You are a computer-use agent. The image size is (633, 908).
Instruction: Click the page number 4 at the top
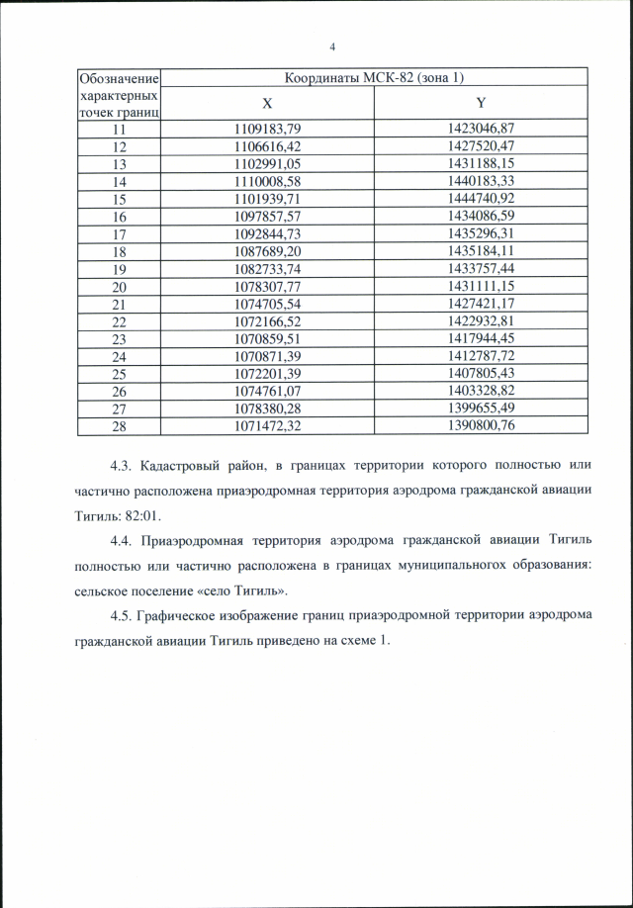click(332, 46)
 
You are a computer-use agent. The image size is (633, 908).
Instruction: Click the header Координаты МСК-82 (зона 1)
click(375, 77)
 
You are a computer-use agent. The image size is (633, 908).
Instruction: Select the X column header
click(267, 104)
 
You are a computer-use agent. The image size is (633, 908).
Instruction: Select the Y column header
click(482, 104)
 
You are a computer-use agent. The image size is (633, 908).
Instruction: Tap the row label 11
click(120, 129)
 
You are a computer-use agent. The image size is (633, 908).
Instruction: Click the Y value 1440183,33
click(482, 182)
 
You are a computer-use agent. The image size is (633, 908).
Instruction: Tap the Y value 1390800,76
click(482, 426)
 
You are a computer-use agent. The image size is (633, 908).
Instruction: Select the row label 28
click(120, 426)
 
